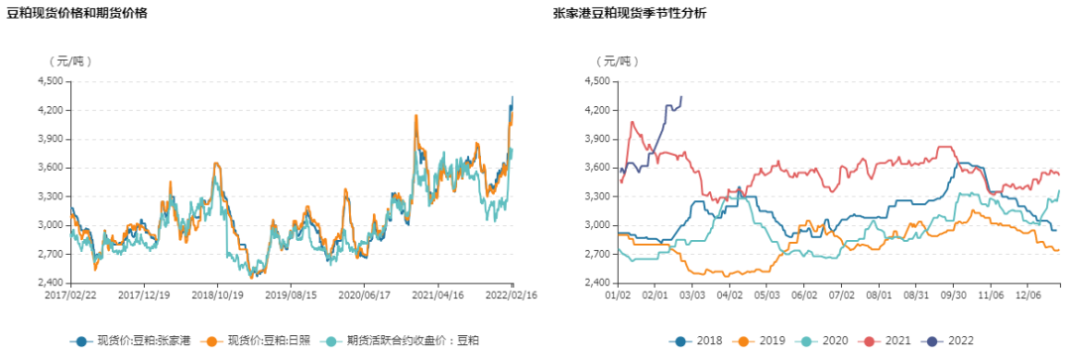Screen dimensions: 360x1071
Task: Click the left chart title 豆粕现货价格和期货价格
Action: click(x=77, y=13)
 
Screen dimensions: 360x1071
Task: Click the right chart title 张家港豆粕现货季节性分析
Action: click(x=630, y=13)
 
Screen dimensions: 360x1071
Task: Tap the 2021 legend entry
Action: click(x=890, y=340)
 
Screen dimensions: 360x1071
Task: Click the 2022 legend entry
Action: click(x=951, y=340)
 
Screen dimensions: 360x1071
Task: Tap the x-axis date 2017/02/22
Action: click(x=70, y=295)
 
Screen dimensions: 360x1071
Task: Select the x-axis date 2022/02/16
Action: click(x=512, y=295)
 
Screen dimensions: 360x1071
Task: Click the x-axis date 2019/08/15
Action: click(x=291, y=295)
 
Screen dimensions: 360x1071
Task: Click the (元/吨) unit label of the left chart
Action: click(x=70, y=60)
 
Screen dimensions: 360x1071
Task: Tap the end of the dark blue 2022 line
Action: click(x=680, y=97)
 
